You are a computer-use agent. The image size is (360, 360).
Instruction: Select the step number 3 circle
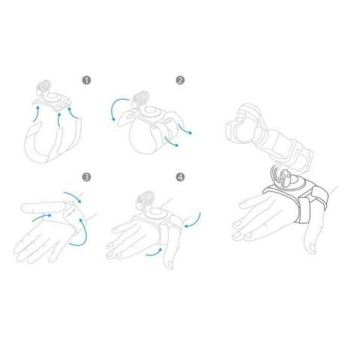86,178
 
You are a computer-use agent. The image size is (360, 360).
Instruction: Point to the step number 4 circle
180,178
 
